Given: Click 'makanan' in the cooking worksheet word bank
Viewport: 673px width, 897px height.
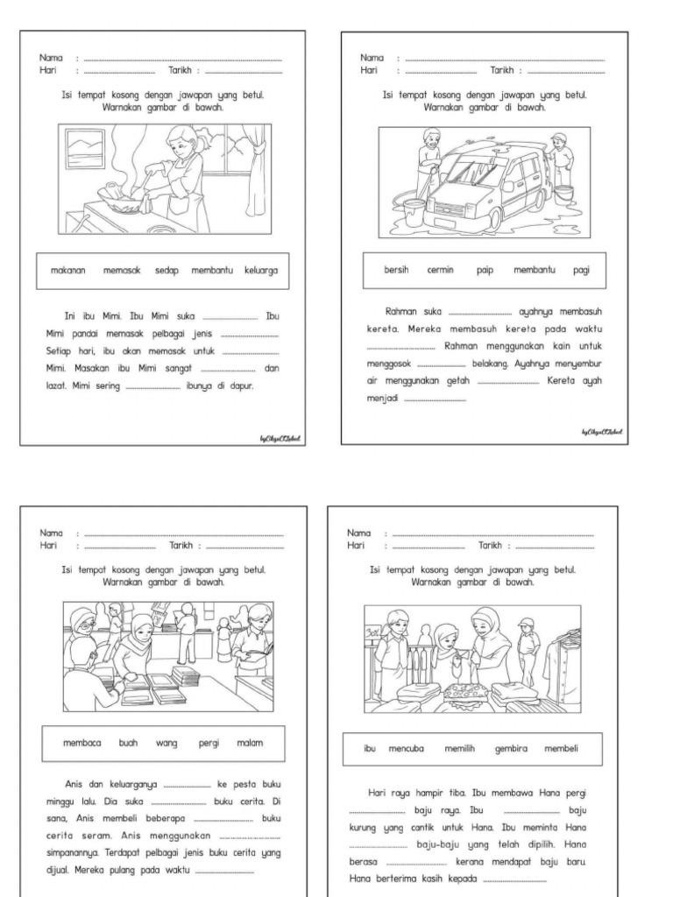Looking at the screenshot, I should (67, 272).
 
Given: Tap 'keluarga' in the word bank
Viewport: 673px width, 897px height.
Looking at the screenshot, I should (261, 272).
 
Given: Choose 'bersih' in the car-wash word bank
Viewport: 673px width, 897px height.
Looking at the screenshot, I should (396, 270).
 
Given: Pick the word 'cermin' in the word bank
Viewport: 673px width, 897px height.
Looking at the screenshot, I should (440, 270).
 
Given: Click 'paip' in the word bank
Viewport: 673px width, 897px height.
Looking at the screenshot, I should (485, 270).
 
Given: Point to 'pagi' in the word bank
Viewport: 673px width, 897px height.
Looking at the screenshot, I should (582, 270).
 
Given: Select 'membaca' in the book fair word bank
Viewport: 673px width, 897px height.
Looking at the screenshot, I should (82, 743).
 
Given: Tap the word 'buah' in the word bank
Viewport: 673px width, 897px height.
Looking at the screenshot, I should (128, 743).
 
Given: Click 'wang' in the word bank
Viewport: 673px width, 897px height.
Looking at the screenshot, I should (166, 743).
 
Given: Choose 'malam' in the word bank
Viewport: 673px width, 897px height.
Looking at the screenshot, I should (250, 743).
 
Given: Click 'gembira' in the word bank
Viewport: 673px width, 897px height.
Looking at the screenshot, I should (512, 749).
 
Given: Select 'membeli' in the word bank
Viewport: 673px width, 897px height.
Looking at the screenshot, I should (561, 749).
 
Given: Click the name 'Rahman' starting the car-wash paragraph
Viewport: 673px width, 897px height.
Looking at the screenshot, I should (400, 311).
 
